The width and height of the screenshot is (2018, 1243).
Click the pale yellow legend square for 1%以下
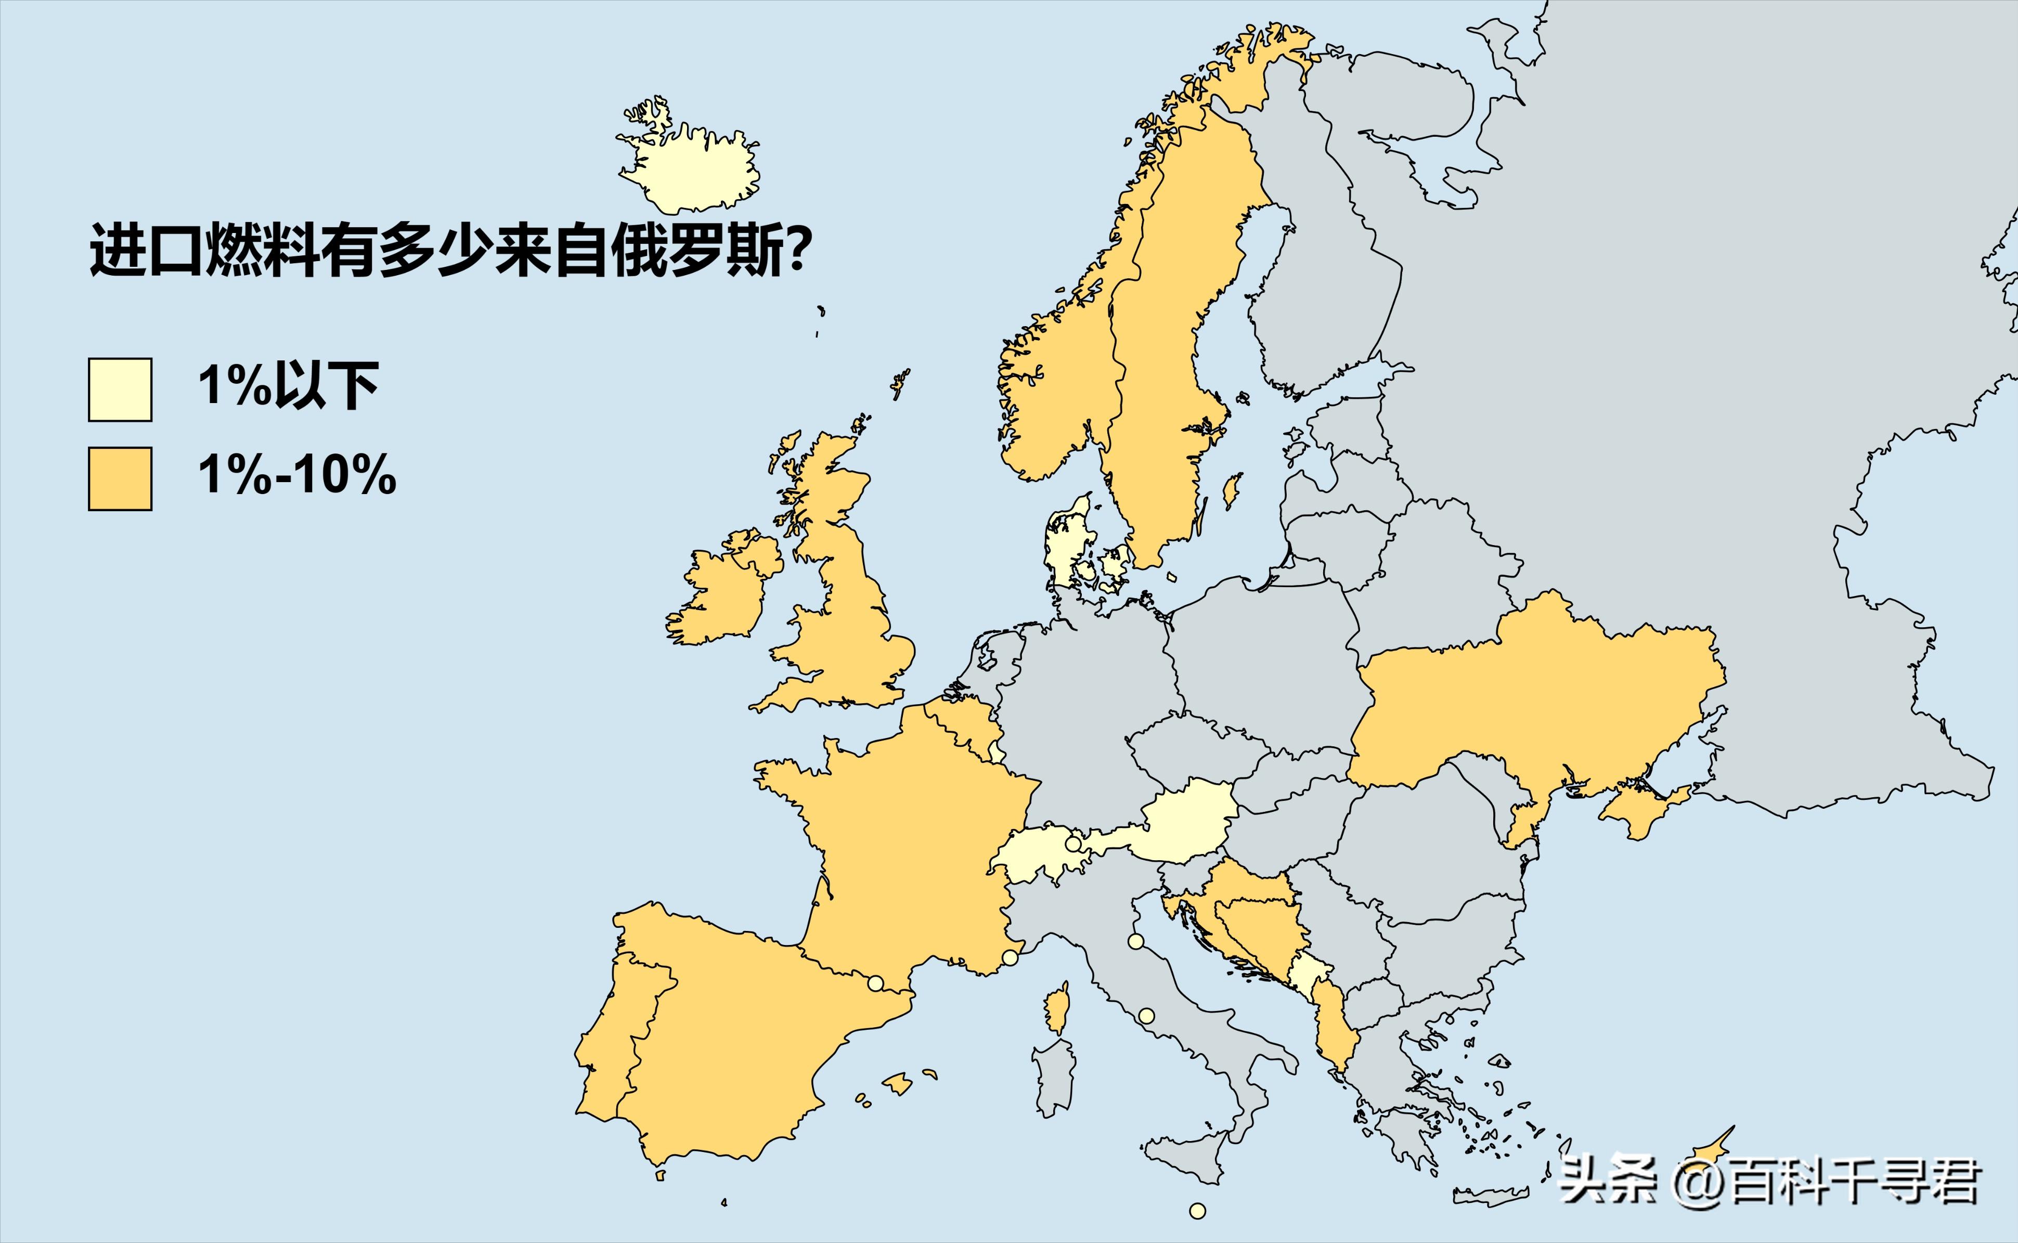120,390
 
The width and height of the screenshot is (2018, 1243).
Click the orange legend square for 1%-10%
120,478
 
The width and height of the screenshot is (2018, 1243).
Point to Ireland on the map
715,596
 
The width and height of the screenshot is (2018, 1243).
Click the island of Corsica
1058,1009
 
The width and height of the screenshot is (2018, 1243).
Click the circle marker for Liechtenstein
1072,844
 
